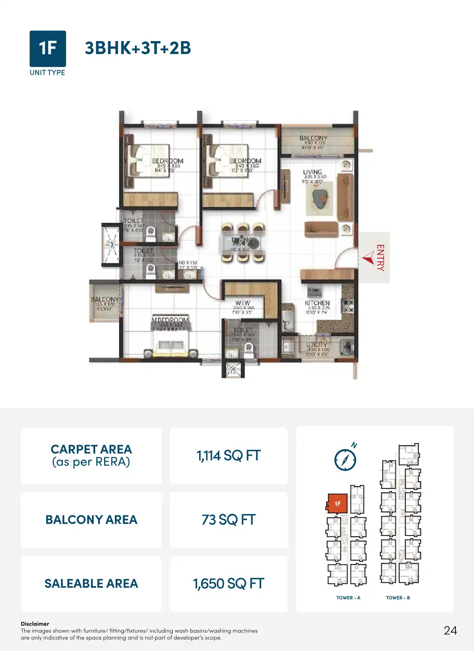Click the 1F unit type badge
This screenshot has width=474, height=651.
point(48,48)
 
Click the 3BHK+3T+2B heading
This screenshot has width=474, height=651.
point(138,48)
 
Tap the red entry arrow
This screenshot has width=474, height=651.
point(368,258)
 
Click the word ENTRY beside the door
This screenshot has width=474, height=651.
point(380,258)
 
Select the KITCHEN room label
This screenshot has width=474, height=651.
point(317,303)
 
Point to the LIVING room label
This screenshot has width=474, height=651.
point(312,172)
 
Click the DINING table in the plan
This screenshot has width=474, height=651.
point(242,243)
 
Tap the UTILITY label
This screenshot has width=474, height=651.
point(316,345)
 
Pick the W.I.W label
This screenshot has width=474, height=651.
point(243,303)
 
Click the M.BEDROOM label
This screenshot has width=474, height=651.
point(170,320)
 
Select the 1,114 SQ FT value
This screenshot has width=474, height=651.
point(228,456)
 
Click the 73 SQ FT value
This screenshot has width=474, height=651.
point(228,520)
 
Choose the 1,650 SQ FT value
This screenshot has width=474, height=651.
point(228,584)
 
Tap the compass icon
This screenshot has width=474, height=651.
point(345,459)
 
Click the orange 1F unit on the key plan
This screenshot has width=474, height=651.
point(337,503)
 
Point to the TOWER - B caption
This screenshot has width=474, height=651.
point(398,598)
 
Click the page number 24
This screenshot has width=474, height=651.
point(450,630)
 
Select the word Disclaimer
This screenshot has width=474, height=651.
point(35,624)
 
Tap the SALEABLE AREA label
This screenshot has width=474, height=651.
point(91,584)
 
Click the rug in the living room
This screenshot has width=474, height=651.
point(319,198)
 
